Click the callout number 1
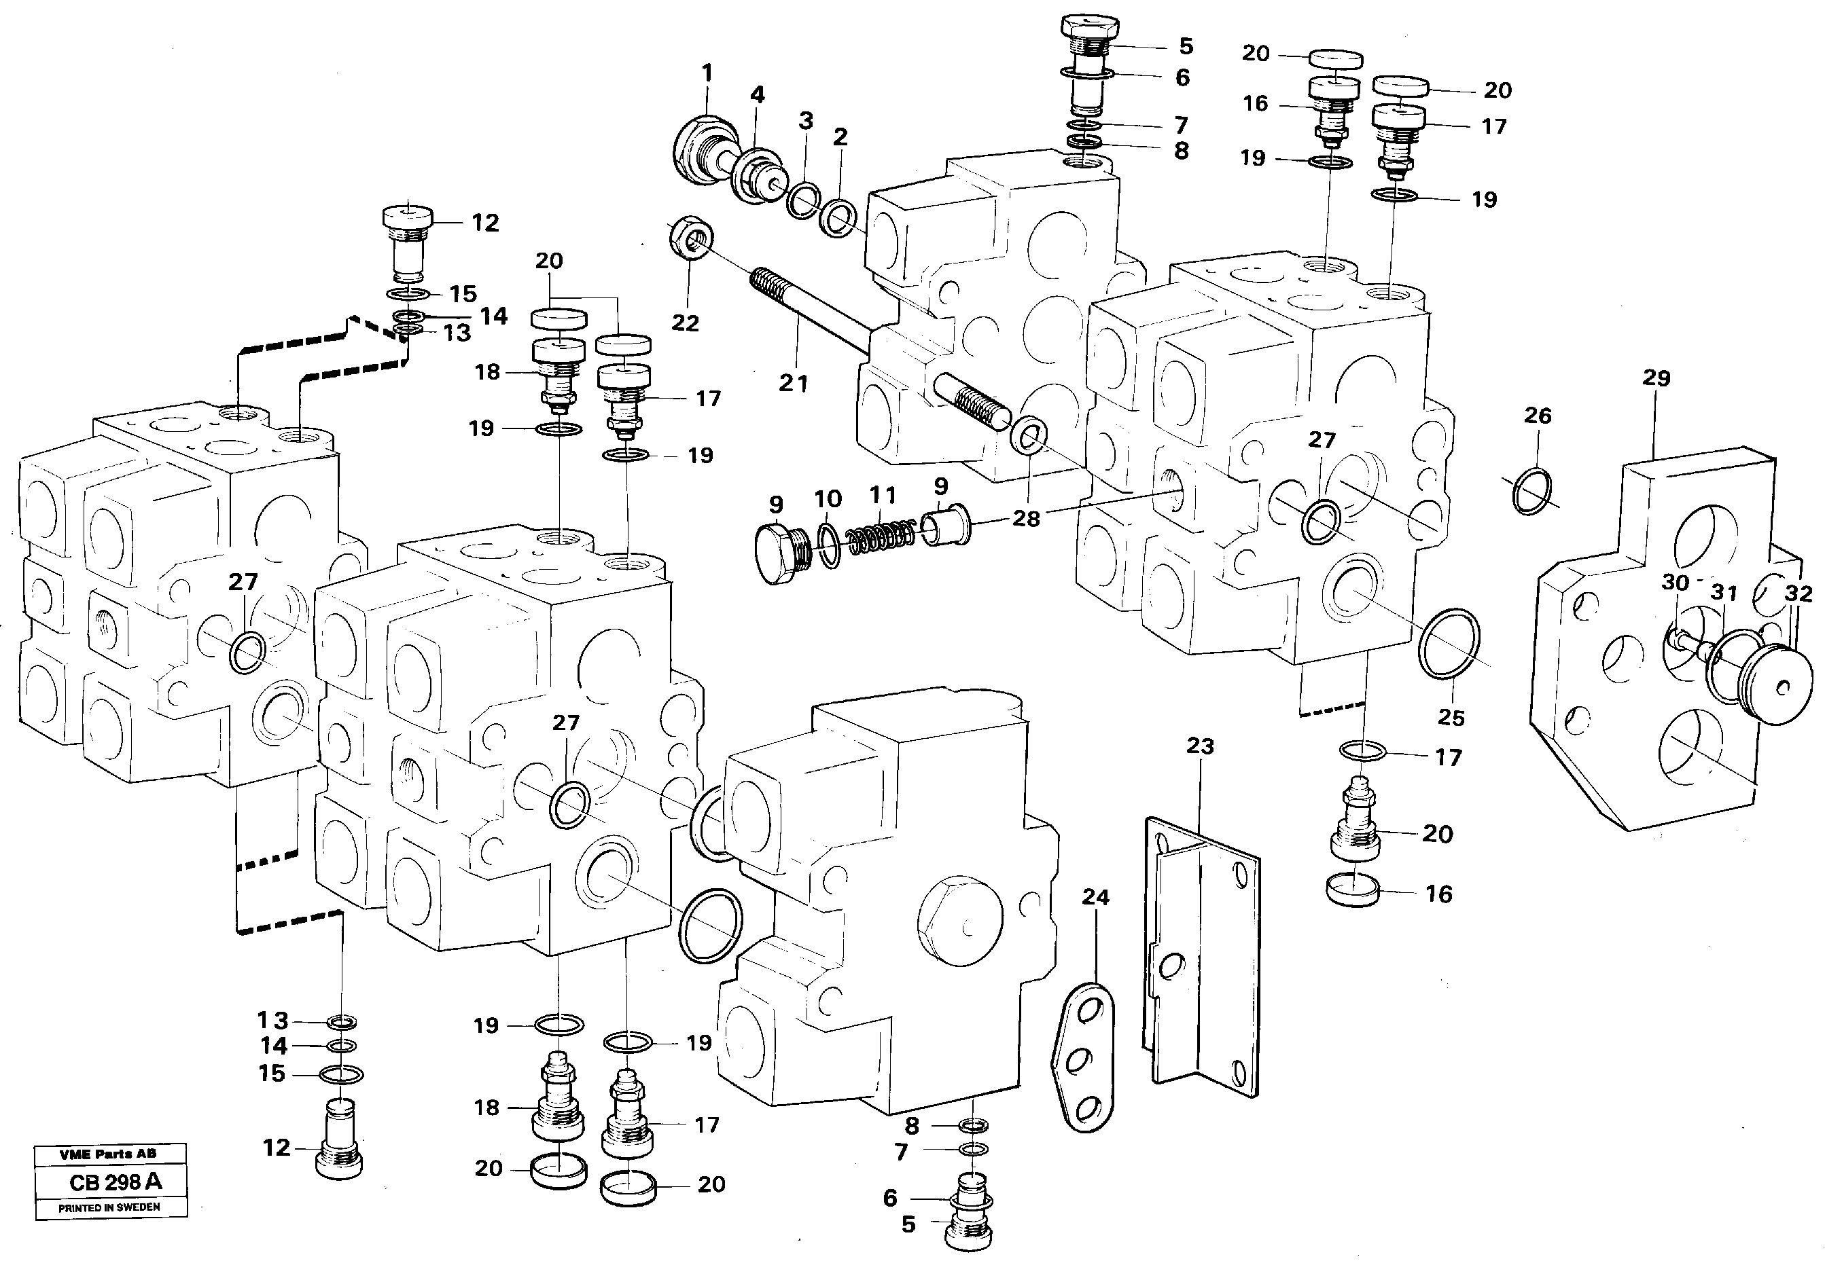coord(707,73)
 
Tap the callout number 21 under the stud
coord(793,383)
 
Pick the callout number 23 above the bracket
coord(1200,745)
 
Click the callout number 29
coord(1656,378)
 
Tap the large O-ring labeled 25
coord(1449,643)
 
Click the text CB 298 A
coord(116,1182)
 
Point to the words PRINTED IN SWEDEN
coord(109,1207)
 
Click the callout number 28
coord(1026,519)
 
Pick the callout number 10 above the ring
coord(828,498)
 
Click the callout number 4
coord(756,95)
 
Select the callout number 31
coord(1724,591)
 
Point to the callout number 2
coord(840,136)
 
